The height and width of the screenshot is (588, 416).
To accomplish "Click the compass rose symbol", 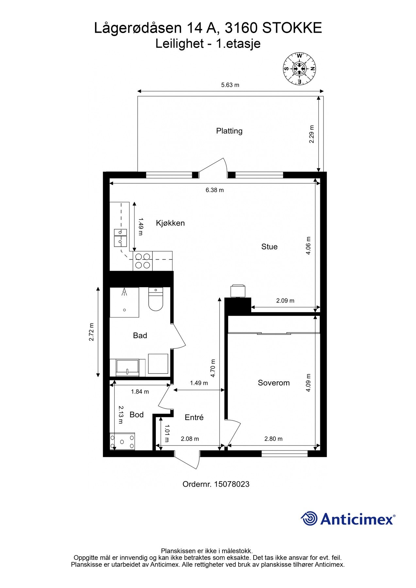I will point(299,69).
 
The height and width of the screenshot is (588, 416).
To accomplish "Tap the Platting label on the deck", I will point(229,131).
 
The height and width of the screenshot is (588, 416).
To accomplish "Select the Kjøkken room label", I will point(170,223).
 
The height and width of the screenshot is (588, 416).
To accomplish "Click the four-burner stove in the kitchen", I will point(143,261).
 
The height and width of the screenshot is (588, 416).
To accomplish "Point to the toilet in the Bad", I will point(156,299).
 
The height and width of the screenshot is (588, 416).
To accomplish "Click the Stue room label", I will point(269,247).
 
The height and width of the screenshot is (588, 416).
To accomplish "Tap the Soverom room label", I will point(274,383).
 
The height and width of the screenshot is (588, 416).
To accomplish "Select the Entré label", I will point(194,417).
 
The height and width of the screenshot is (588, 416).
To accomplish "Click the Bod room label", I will point(137,415).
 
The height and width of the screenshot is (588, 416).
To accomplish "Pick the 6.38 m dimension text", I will point(215,190).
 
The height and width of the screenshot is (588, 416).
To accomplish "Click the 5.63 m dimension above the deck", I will point(230,85).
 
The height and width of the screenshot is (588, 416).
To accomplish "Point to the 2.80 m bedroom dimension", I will point(273,439).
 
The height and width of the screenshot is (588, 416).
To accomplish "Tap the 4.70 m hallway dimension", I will point(213,368).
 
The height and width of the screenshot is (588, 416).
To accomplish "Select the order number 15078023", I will point(232,484).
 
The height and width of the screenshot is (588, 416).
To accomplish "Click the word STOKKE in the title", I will point(292,28).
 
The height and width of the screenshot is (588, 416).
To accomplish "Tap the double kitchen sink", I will point(120,237).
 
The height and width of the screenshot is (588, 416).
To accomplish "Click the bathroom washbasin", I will point(127,368).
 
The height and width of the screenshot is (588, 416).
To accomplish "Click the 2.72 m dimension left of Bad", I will point(92,332).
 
